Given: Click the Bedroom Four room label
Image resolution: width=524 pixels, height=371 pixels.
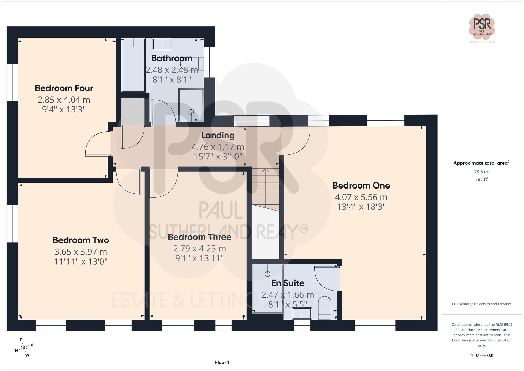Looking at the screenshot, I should coord(64,88).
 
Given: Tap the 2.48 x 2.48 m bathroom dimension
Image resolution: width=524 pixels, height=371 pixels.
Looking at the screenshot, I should coord(172,70).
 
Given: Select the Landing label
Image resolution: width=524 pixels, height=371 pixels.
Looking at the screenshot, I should coord(218,135).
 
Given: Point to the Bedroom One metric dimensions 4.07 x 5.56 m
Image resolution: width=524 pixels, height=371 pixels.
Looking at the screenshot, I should coord(361,197).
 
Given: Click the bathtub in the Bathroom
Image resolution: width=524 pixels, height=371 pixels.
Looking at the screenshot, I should coord(133,65).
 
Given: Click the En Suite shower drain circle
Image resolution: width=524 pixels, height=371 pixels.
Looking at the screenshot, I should coord(267,274).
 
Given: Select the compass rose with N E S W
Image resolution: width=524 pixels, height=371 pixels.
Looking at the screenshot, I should coord(24,348).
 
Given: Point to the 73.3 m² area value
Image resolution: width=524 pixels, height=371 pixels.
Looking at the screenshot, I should coord(482,172).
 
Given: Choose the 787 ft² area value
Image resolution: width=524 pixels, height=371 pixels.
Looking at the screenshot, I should coord(482,179).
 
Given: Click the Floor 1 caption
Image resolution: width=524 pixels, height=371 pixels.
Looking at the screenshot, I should coord(222,362).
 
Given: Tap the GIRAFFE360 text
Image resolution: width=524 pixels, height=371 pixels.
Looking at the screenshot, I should coord(482,356).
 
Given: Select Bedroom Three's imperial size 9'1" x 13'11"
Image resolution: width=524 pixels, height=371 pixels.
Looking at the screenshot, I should coord(199,258).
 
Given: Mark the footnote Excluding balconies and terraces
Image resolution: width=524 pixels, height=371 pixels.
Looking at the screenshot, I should coord(482,304).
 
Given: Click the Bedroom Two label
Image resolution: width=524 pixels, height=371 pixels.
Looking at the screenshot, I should coord(81,240).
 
